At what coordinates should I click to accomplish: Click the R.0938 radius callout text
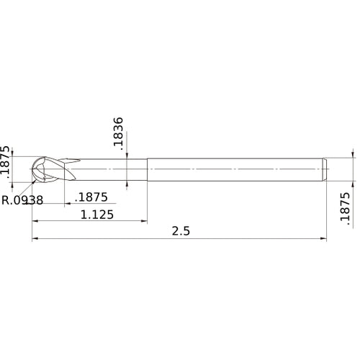tap(23, 200)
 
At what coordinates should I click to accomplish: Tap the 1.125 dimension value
tap(96, 214)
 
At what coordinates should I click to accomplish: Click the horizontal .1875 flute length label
tap(91, 197)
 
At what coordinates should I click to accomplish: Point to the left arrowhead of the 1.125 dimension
tap(35, 221)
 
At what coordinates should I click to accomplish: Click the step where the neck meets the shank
tap(148, 168)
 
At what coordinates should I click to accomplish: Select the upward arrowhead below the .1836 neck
tap(127, 182)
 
